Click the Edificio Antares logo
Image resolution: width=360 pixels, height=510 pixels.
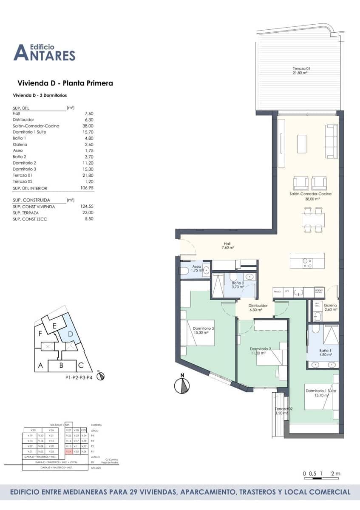44,52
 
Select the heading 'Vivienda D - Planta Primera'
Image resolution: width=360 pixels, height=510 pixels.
65,83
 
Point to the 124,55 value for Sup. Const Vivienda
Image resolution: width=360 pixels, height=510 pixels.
87,207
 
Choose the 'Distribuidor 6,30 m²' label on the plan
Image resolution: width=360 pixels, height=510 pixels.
258,307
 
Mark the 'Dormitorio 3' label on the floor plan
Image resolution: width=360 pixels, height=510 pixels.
203,330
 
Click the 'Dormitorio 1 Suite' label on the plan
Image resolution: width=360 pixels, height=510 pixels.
320,393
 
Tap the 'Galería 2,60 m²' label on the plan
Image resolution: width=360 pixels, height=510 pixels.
330,307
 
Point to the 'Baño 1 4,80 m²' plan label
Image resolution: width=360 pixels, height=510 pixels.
325,352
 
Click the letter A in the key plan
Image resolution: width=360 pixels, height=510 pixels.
40,365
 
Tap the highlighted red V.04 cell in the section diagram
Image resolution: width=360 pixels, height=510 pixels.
68,451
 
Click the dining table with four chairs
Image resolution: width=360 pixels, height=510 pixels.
313,220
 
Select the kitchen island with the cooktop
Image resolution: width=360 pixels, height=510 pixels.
307,261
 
